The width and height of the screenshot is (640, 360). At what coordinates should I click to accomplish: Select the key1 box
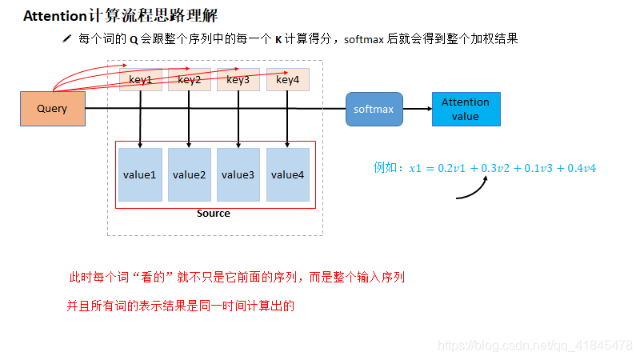tap(141, 80)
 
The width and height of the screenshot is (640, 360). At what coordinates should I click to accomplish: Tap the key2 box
tap(190, 80)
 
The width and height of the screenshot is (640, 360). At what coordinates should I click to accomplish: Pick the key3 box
tap(238, 80)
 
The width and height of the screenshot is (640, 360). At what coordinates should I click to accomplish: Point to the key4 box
tap(287, 80)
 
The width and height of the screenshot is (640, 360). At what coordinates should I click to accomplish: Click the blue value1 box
tap(140, 174)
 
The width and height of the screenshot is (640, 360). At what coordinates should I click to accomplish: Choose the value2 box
tap(189, 174)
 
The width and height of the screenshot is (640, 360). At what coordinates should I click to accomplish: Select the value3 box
tap(238, 174)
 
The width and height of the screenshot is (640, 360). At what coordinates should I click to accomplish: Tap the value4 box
tap(287, 174)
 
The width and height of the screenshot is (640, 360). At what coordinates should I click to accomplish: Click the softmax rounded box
tap(374, 109)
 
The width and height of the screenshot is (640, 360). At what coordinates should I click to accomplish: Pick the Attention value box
tap(466, 109)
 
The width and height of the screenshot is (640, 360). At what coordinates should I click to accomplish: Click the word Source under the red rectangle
tap(213, 214)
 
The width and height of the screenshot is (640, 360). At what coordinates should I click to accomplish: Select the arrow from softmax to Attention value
tap(417, 109)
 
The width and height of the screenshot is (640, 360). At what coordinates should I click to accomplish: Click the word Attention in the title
tap(55, 16)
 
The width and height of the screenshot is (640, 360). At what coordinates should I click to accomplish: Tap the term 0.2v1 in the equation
tap(454, 168)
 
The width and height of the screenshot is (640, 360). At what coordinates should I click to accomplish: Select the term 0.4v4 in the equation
tap(582, 168)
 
